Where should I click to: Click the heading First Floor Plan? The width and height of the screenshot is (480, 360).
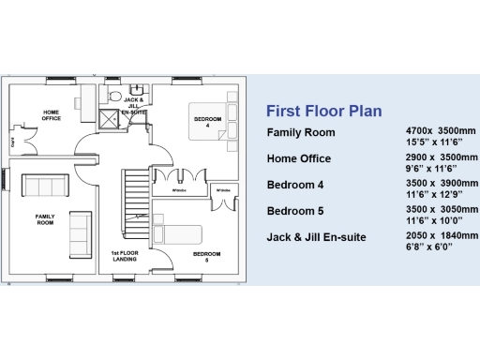click(x=324, y=111)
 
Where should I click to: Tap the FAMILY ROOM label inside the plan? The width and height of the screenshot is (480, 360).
click(x=45, y=218)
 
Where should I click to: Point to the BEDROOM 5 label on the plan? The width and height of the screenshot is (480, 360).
click(x=206, y=255)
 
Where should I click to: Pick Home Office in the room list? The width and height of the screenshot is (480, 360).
click(x=299, y=157)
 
